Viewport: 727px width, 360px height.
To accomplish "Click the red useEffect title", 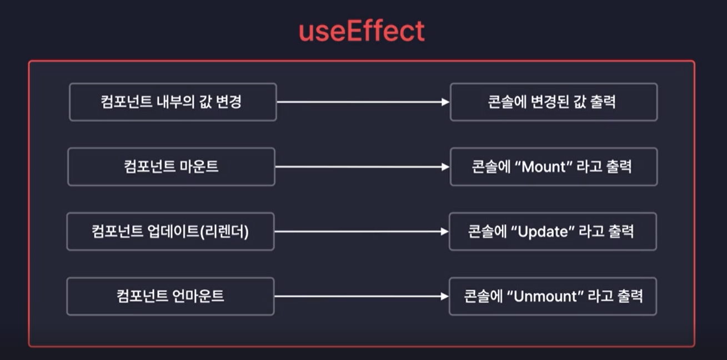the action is pyautogui.click(x=362, y=31).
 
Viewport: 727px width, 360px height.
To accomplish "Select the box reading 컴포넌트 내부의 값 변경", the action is pyautogui.click(x=173, y=102).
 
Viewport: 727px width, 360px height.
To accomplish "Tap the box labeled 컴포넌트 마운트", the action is pyautogui.click(x=172, y=167).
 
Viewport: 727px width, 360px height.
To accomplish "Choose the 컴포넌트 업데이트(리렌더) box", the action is pyautogui.click(x=171, y=232).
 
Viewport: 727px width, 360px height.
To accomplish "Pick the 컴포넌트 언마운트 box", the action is pyautogui.click(x=171, y=296).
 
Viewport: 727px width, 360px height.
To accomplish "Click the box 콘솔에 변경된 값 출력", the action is pyautogui.click(x=554, y=102).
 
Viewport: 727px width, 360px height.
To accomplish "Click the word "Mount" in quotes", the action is pyautogui.click(x=543, y=167).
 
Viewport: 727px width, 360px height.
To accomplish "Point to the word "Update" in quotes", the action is pyautogui.click(x=543, y=232).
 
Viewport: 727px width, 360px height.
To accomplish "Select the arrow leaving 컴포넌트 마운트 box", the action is pyautogui.click(x=362, y=167).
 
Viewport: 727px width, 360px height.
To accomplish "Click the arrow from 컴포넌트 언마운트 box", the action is pyautogui.click(x=362, y=296).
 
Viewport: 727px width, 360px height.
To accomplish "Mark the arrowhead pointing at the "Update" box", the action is pyautogui.click(x=445, y=232).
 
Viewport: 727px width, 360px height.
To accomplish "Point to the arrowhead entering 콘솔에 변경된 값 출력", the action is pyautogui.click(x=445, y=102).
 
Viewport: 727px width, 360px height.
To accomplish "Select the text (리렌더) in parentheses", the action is pyautogui.click(x=224, y=232).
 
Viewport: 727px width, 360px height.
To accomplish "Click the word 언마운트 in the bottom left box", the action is pyautogui.click(x=198, y=296).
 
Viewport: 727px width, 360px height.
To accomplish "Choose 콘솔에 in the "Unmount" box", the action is pyautogui.click(x=483, y=296).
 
